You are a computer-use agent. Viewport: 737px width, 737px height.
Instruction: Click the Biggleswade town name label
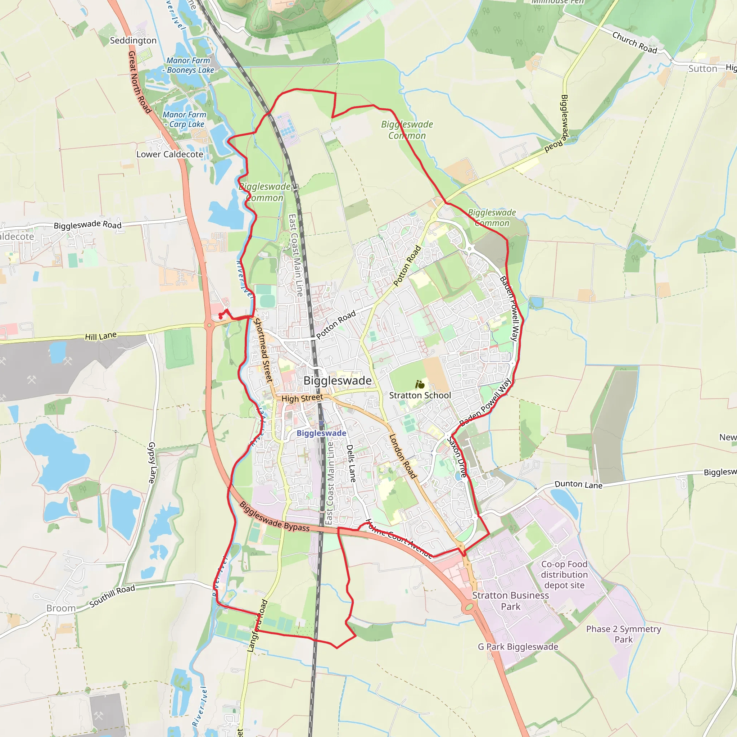click(337, 381)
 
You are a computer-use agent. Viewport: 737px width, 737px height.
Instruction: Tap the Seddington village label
click(133, 40)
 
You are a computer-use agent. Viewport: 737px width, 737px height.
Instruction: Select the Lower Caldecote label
click(170, 154)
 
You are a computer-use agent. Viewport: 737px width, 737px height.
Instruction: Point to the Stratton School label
click(420, 395)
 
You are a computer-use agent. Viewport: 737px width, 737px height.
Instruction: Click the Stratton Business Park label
click(510, 601)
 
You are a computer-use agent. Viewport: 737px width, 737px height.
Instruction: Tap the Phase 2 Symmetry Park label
click(623, 634)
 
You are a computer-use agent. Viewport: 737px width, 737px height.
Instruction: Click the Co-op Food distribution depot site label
click(564, 574)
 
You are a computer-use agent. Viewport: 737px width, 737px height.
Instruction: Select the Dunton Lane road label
click(578, 484)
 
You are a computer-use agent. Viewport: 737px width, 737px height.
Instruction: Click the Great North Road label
click(139, 82)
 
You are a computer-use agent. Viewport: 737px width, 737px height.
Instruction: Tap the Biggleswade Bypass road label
click(274, 517)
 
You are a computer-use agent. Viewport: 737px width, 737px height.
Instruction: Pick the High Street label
click(302, 398)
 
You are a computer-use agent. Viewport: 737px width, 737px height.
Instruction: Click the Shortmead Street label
click(263, 350)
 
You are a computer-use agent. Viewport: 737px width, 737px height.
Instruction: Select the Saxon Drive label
click(457, 457)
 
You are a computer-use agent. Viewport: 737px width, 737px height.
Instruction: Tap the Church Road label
click(635, 42)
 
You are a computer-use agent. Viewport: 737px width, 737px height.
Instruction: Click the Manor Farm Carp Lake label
click(185, 119)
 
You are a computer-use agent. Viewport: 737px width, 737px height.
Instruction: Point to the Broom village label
click(61, 608)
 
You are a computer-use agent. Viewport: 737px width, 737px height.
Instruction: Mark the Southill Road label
click(112, 596)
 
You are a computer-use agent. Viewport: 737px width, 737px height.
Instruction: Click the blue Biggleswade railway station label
click(321, 433)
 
